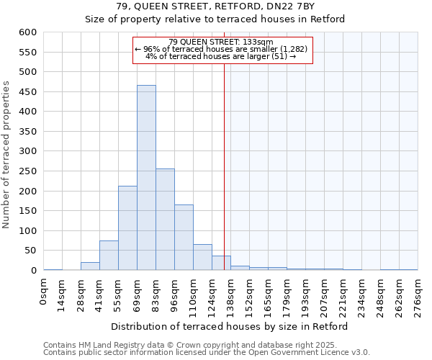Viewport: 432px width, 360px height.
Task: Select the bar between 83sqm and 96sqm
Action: pos(165,220)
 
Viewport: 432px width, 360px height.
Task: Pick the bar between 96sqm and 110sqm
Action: pos(184,238)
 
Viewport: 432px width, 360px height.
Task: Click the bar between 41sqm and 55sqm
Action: pos(109,256)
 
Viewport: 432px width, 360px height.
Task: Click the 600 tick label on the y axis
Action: pos(28,32)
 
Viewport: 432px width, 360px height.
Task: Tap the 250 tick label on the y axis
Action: pos(28,171)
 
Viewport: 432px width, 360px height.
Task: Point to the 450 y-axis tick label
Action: pos(28,92)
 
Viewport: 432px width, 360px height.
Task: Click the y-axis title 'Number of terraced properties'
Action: pos(7,155)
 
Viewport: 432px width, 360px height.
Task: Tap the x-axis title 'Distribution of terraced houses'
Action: pos(230,326)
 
